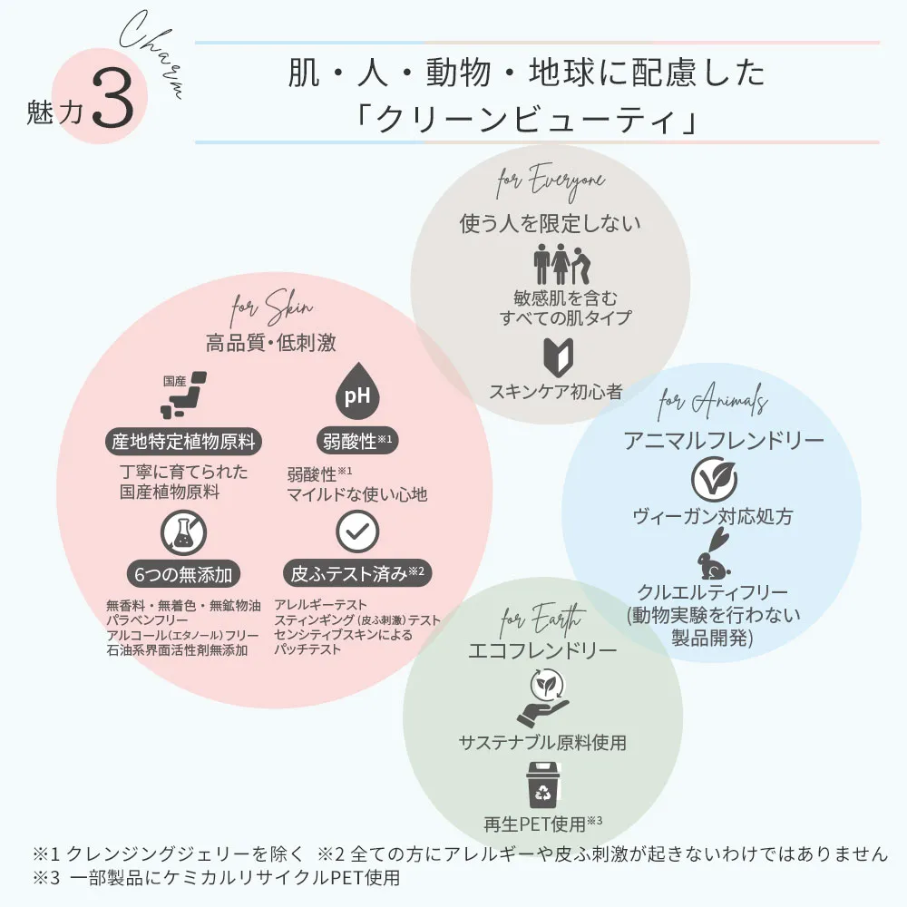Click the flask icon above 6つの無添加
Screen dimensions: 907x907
click(183, 533)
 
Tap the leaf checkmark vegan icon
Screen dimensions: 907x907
click(712, 478)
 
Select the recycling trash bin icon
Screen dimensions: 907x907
click(542, 785)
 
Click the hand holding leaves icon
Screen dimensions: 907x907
click(542, 699)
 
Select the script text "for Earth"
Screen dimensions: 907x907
click(542, 620)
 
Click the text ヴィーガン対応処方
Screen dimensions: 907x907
click(712, 517)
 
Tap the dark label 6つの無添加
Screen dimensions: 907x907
click(184, 573)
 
